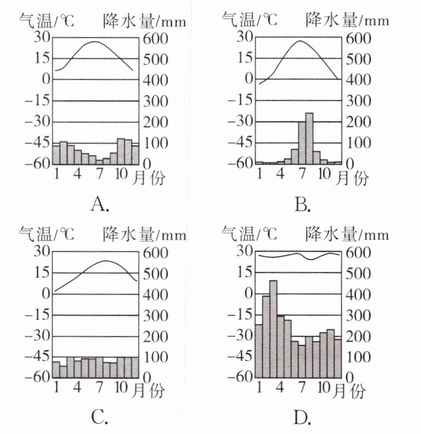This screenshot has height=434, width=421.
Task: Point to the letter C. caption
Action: (x=100, y=419)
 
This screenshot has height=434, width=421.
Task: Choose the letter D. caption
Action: (x=302, y=419)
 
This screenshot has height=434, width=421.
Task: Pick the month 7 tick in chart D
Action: (x=301, y=389)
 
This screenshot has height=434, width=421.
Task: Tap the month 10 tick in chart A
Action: (x=121, y=175)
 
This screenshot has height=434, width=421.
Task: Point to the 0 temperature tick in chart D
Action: (x=248, y=294)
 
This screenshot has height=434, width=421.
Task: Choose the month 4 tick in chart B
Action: (x=280, y=175)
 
